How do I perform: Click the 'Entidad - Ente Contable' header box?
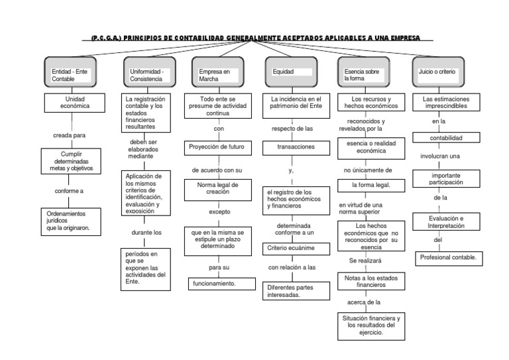coord(72,74)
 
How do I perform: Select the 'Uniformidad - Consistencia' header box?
coord(150,74)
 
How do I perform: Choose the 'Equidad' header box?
coord(290,73)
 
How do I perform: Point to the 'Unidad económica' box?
coord(72,102)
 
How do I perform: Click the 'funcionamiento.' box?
coord(214,283)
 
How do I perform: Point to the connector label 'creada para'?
coord(70,135)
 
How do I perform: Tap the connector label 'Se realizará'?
coord(365,261)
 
